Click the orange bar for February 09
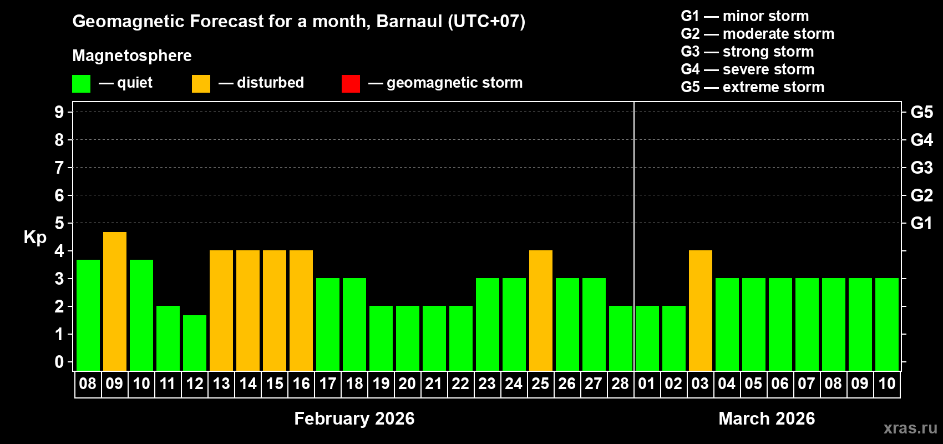click(x=115, y=301)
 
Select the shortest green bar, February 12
click(x=195, y=342)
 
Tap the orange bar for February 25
click(x=541, y=310)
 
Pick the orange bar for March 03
click(x=701, y=310)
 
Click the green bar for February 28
click(x=621, y=338)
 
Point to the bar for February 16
click(x=301, y=310)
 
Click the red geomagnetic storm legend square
click(x=351, y=84)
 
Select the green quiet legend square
click(x=82, y=84)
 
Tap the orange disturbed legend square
click(x=201, y=84)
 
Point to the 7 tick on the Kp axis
click(x=59, y=168)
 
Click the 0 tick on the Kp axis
click(x=59, y=362)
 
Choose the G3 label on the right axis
click(x=921, y=168)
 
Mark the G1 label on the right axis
click(x=921, y=223)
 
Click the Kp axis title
click(x=35, y=238)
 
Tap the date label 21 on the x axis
click(x=433, y=384)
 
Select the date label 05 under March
click(x=753, y=384)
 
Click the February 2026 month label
click(x=354, y=418)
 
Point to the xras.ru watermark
click(x=910, y=428)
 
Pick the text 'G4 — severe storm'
click(x=747, y=69)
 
